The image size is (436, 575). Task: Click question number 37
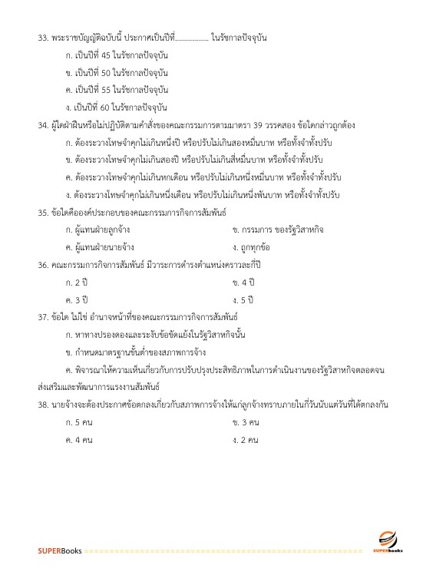point(43,316)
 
